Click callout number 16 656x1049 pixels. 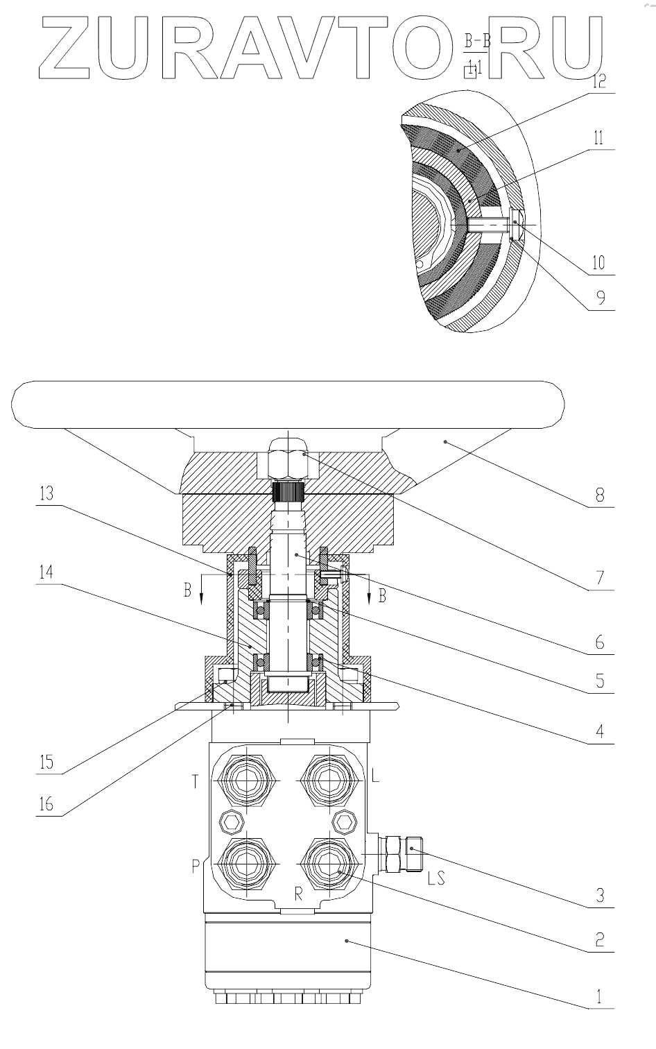46,805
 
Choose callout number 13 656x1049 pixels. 46,494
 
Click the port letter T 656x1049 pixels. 196,782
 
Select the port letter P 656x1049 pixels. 196,865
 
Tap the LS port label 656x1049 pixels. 436,878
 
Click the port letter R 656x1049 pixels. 298,894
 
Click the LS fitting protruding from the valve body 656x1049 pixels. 401,853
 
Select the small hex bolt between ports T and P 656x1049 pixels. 230,821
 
